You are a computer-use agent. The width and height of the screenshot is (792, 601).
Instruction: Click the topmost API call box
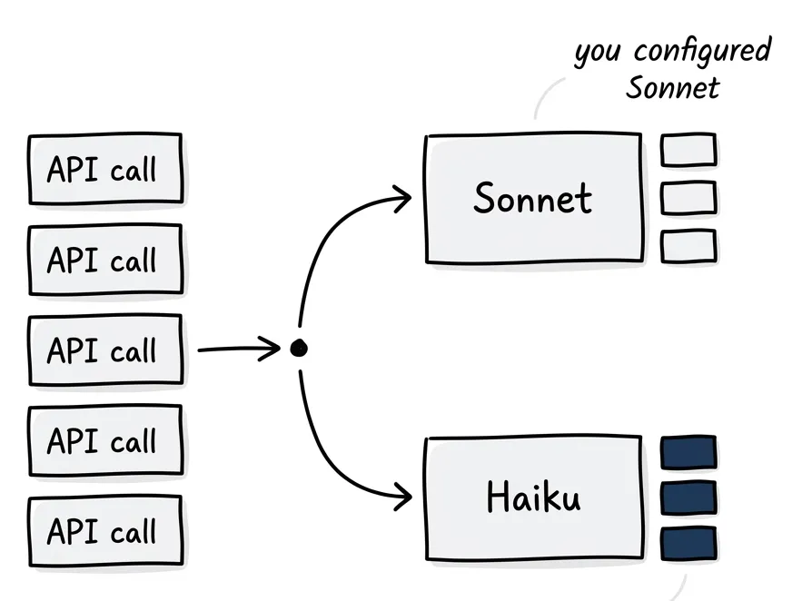[x=104, y=169]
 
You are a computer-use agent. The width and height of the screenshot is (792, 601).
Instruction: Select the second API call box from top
[x=104, y=260]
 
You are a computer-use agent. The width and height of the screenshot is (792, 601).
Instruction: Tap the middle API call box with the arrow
[x=104, y=350]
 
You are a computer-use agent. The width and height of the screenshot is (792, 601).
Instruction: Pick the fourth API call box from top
[x=104, y=440]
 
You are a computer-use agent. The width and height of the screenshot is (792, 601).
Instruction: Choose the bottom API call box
[x=104, y=530]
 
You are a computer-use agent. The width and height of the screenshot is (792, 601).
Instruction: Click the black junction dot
[x=298, y=348]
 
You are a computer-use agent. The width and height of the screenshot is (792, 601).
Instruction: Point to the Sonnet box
[x=533, y=199]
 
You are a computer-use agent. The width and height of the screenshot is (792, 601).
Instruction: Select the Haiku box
[x=533, y=498]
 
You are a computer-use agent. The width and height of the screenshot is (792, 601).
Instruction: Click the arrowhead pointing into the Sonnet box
[x=405, y=195]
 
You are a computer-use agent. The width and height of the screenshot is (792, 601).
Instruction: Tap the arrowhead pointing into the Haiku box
[x=405, y=497]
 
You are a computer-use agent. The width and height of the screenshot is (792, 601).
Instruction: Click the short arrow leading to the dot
[x=238, y=348]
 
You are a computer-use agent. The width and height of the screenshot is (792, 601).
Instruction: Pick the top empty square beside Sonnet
[x=688, y=150]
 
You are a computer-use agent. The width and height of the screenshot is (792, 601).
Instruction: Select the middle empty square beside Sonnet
[x=688, y=198]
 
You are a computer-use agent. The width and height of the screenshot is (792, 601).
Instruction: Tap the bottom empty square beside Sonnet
[x=688, y=245]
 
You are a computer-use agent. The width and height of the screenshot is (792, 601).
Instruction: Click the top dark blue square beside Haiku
[x=688, y=452]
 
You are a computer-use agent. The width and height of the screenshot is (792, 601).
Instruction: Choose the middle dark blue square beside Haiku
[x=688, y=497]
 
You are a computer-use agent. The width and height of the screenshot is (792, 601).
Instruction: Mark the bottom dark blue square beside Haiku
[x=688, y=542]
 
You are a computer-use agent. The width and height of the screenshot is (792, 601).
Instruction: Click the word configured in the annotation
[x=702, y=50]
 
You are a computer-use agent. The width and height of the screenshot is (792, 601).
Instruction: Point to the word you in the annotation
[x=598, y=53]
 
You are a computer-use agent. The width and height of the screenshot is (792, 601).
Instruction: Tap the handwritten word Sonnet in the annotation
[x=673, y=88]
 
